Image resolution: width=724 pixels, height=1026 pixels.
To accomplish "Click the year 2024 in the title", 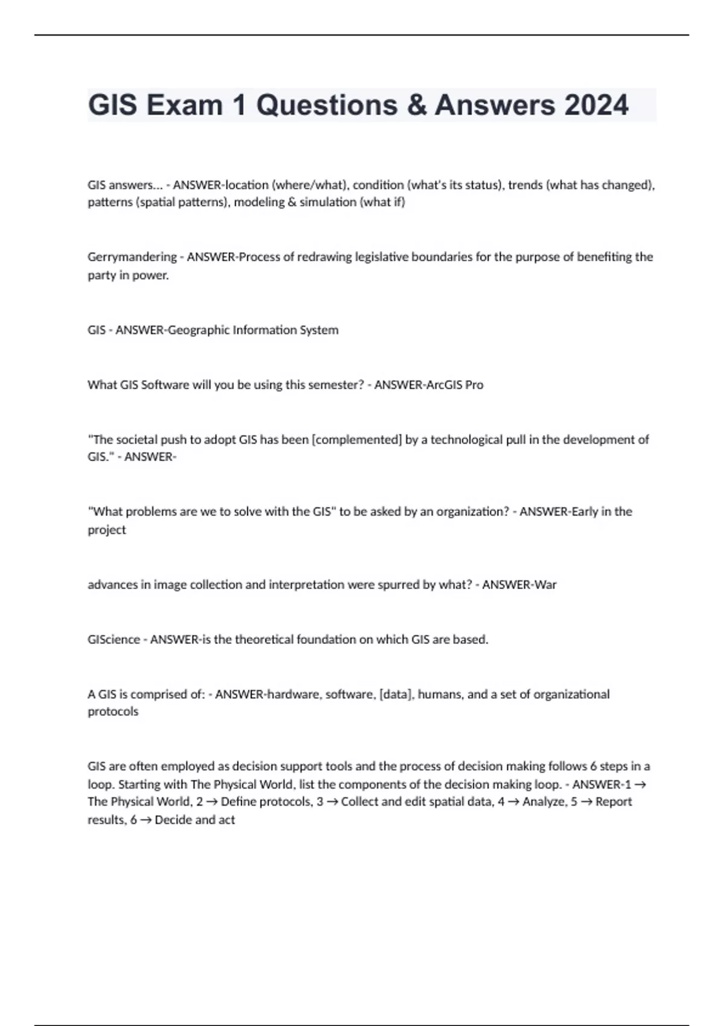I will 596,105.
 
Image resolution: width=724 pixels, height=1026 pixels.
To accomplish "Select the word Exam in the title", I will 184,105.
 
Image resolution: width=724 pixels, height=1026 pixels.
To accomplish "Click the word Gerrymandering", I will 132,257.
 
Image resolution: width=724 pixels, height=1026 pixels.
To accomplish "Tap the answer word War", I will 545,585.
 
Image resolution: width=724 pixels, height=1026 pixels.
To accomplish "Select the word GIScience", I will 113,640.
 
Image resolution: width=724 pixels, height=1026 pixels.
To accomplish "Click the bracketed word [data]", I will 396,695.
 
